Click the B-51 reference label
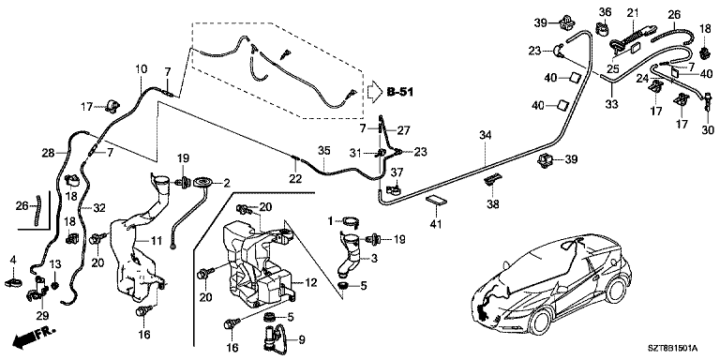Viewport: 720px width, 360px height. coord(399,93)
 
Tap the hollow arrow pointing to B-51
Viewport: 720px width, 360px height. coord(374,92)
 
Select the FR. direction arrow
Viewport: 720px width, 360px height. coord(33,337)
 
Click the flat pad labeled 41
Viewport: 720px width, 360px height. coord(435,202)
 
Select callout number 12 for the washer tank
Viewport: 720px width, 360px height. coord(311,283)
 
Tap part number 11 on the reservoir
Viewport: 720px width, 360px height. coord(157,239)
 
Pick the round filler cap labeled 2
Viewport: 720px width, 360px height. coord(203,183)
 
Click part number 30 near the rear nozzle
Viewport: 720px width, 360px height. coord(708,130)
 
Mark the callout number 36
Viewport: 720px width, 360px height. coord(605,11)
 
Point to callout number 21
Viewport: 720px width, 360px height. coord(633,12)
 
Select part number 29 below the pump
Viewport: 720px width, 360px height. coord(42,315)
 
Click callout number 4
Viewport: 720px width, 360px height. coord(13,261)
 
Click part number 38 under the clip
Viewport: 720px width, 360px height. coord(493,203)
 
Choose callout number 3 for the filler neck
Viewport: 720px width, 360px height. coord(374,259)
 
